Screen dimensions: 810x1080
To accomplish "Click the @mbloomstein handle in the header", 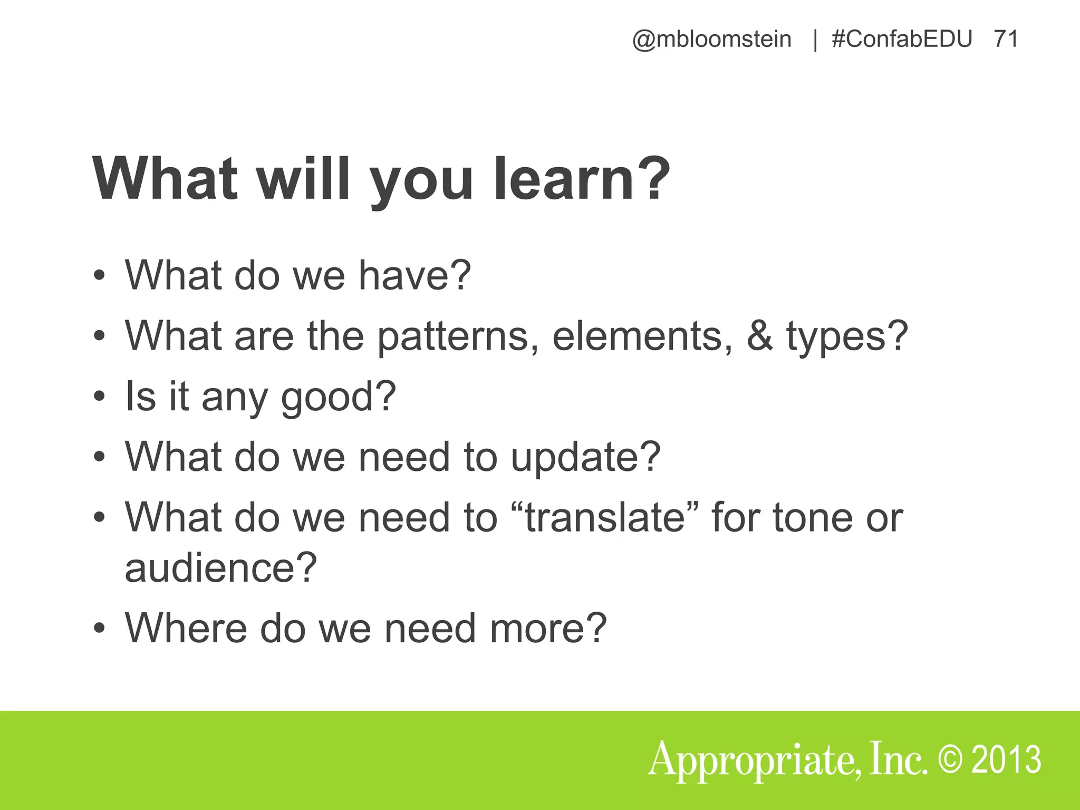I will pos(711,40).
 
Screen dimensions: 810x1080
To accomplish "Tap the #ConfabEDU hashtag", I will pos(902,40).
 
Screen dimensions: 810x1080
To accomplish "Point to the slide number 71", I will pos(1006,40).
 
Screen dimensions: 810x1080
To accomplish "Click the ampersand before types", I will pos(759,336).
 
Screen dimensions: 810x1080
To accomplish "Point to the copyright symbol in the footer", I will pos(953,760).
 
